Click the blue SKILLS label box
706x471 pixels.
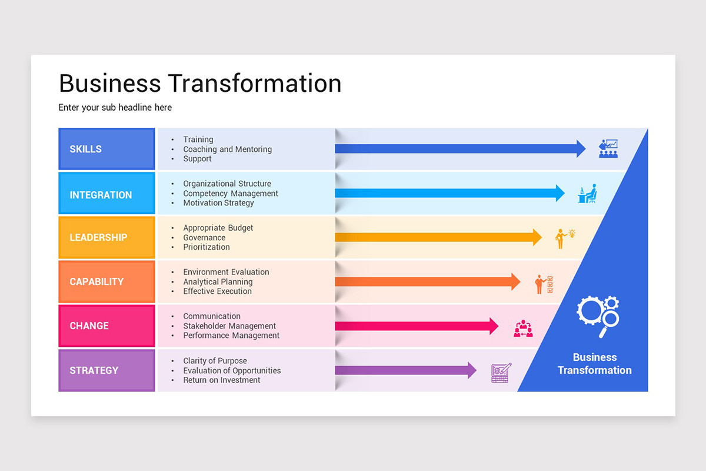pos(106,149)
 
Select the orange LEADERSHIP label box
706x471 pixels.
pos(106,237)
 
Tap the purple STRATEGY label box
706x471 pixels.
pos(106,370)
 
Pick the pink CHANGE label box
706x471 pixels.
pos(106,326)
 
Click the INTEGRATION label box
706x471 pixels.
pos(106,194)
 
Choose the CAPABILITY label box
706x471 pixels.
pos(106,281)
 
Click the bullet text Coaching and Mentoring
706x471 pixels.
pos(227,150)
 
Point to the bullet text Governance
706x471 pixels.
pos(204,237)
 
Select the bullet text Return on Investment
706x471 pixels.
pos(221,380)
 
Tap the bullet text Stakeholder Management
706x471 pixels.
pos(229,326)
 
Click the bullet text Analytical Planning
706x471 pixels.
pos(218,282)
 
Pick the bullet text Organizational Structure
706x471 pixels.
pos(227,184)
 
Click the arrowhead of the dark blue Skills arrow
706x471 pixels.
pos(581,149)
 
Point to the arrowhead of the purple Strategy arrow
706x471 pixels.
pos(472,370)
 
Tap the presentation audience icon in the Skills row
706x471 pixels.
pos(608,148)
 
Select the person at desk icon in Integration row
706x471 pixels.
pos(587,194)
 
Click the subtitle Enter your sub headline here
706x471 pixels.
pos(115,108)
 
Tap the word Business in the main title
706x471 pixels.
pos(111,83)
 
